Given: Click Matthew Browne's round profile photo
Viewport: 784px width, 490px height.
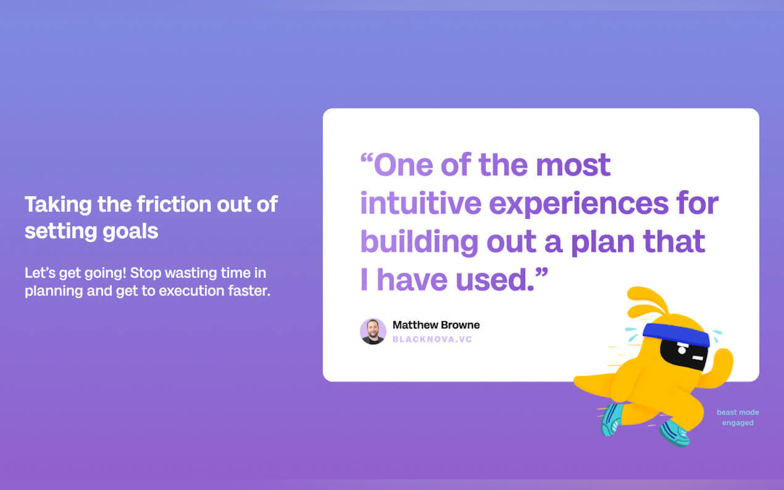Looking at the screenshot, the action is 373,331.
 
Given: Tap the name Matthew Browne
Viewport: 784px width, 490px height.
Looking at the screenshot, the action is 436,325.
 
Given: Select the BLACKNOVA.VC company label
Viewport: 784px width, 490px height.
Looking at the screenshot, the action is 432,339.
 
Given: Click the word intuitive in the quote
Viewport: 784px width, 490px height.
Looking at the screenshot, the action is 421,203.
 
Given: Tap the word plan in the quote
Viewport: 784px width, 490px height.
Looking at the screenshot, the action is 603,243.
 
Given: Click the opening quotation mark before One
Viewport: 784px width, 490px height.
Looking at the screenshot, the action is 367,159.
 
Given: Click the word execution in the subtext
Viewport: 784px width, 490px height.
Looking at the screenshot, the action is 191,291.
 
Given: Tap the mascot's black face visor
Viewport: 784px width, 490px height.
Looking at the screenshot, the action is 684,354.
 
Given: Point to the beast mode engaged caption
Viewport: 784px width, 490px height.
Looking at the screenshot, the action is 738,417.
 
